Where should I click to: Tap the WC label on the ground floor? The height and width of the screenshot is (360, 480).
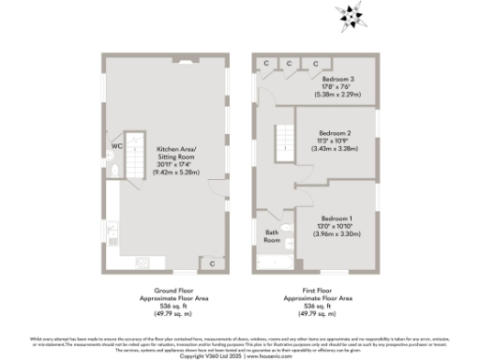[116, 147]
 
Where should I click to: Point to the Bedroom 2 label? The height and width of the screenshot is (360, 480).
[335, 133]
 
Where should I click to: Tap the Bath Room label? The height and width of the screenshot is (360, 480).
[272, 236]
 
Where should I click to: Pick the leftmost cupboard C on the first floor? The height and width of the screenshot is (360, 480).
[266, 64]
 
